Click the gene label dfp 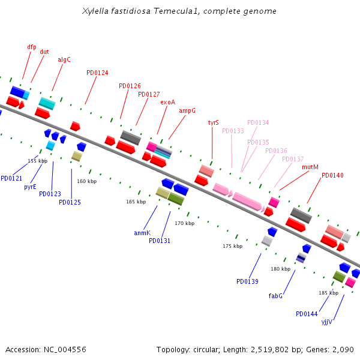point(32,47)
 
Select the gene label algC point(64,59)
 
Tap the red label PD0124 point(97,73)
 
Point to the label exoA point(167,102)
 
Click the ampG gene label point(187,110)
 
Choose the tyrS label point(213,122)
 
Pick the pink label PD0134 point(258,122)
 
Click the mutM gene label point(310,167)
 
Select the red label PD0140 point(332,175)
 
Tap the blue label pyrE point(30,187)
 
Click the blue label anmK point(142,232)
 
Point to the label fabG point(275,296)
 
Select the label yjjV point(326,322)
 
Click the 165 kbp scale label point(136,202)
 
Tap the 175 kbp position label point(232,246)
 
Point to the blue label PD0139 point(247,281)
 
